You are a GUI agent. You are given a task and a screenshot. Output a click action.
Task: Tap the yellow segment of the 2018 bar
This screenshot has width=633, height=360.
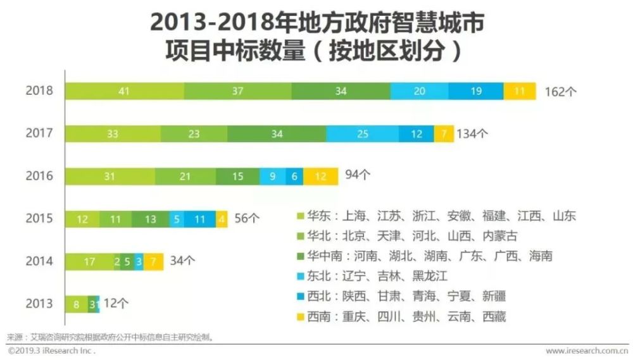point(520,91)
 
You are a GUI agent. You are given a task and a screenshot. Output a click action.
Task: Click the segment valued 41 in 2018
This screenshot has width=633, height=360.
point(124,91)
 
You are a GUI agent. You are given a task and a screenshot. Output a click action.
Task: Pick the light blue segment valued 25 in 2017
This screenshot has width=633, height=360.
point(362,133)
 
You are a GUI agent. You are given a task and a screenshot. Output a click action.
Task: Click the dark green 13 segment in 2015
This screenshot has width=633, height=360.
point(150,219)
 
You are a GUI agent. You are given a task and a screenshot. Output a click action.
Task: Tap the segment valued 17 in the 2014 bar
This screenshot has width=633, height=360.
point(90,261)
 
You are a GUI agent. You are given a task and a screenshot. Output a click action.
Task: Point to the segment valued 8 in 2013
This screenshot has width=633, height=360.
point(77,304)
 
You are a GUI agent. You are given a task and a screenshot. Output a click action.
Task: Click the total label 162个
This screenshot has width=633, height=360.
point(561,91)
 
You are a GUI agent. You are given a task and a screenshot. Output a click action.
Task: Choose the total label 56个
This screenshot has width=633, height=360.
point(247,218)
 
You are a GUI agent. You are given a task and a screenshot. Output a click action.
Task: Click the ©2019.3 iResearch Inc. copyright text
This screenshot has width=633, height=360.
point(51,351)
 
